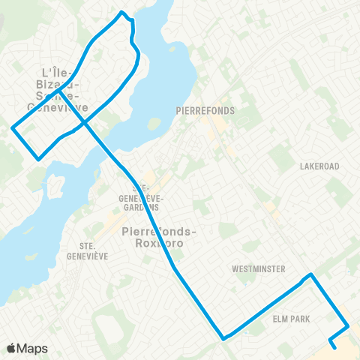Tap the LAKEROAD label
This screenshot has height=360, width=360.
(x=319, y=166)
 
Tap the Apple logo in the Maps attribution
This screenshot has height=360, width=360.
(x=11, y=348)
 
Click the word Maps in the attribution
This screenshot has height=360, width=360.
(x=33, y=348)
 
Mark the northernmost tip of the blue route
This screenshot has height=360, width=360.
(x=122, y=12)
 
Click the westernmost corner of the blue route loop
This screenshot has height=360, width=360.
(x=11, y=128)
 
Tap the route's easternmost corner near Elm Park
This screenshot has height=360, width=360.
(x=349, y=326)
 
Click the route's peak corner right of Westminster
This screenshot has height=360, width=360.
(x=311, y=274)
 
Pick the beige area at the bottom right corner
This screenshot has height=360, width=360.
(x=346, y=349)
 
